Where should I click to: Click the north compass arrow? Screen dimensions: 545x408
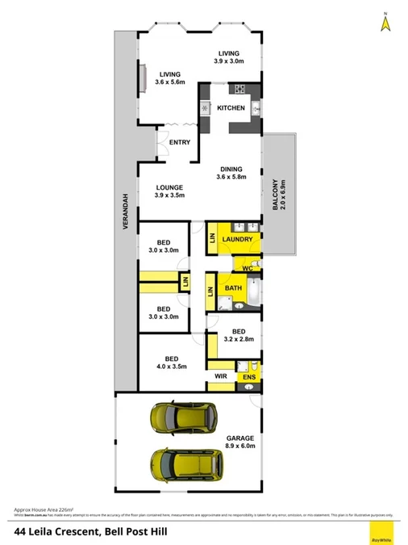tap(385, 24)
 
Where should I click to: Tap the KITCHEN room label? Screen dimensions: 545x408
tap(231, 108)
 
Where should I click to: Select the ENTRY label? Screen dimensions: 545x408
tap(179, 143)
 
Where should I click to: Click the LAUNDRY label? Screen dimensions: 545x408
tap(238, 240)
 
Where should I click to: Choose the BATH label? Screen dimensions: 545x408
tap(233, 288)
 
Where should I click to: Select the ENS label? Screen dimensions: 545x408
tap(249, 377)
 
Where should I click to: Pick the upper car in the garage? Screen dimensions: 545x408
tap(183, 417)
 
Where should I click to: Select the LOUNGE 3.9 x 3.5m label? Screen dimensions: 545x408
tap(169, 191)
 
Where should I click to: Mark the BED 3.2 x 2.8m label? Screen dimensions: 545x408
tap(238, 336)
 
